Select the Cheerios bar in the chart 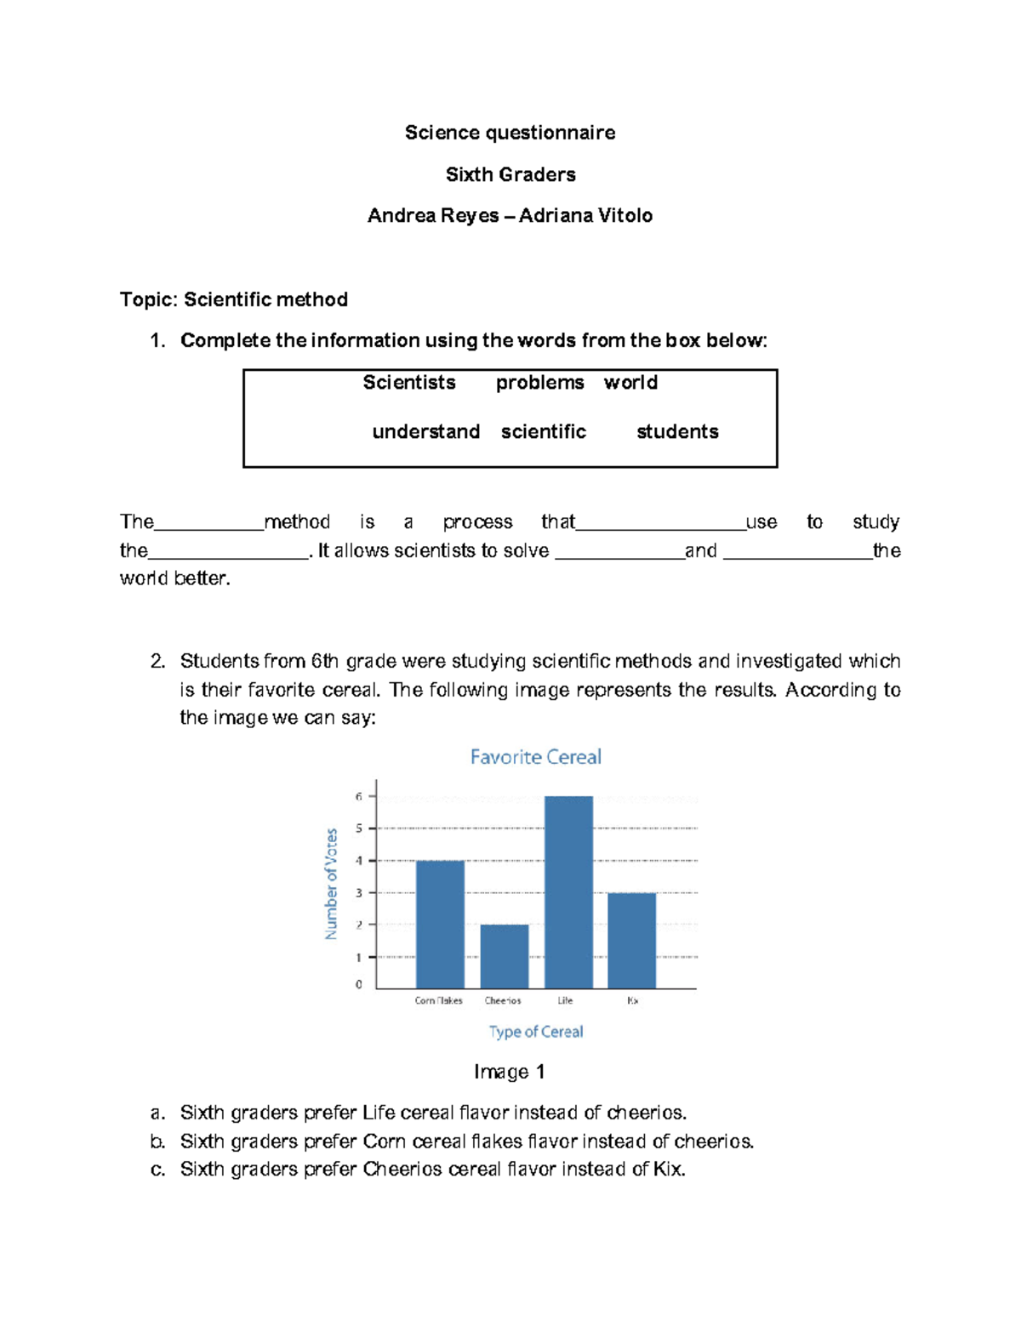tap(504, 956)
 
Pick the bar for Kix tap(631, 940)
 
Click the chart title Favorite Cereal tap(535, 757)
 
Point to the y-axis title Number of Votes tap(331, 884)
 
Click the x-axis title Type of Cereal tap(535, 1032)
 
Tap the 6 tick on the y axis tap(359, 797)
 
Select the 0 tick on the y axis tap(359, 984)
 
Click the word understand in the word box tap(425, 432)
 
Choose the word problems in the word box tap(539, 383)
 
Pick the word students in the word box tap(677, 432)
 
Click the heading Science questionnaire tap(510, 133)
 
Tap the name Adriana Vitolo tap(585, 216)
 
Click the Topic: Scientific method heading tap(233, 299)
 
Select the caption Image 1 tap(509, 1072)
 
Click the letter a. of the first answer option tap(157, 1113)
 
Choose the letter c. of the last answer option tap(157, 1170)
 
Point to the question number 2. tap(157, 662)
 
